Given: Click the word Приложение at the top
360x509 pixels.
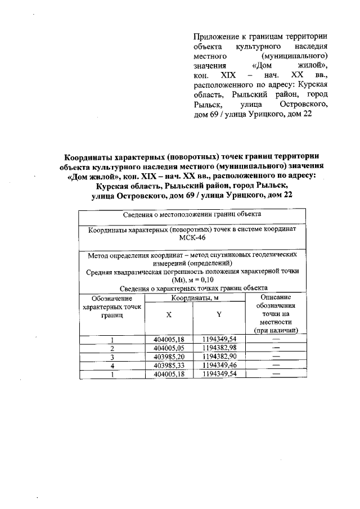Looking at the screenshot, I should pos(216,35).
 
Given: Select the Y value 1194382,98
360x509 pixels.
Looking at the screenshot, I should pos(219,348).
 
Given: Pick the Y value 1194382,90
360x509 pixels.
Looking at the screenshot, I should pos(219,357).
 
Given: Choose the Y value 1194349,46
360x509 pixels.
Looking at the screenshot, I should pos(219,365).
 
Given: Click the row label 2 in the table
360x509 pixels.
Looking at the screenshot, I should pos(112,348).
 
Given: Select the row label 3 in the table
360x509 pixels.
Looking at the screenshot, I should pos(112,357).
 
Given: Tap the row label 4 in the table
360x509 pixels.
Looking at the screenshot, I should pos(112,365).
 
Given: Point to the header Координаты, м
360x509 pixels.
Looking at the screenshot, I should pos(195,298).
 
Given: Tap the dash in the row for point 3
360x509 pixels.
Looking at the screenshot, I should pos(276,357).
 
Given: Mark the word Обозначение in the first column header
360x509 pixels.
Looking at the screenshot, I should pos(112,298).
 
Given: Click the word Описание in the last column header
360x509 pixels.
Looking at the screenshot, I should pos(276,298).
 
